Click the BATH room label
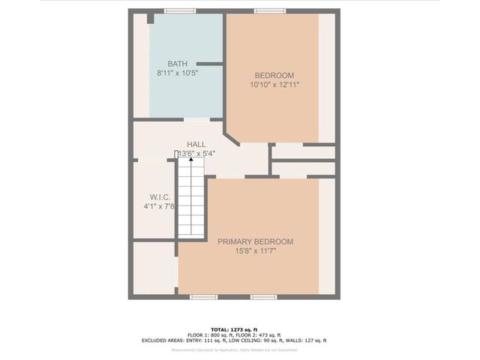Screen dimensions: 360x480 click(x=178, y=64)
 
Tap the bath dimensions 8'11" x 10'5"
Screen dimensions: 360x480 click(x=178, y=73)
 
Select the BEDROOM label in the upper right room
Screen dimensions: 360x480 click(x=274, y=75)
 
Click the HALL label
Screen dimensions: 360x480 click(x=196, y=144)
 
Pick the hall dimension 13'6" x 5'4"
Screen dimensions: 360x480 click(x=196, y=154)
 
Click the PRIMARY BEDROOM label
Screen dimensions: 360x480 click(x=255, y=241)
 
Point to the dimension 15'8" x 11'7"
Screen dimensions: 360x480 click(x=255, y=252)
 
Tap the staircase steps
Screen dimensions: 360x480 click(x=190, y=199)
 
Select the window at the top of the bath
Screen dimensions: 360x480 click(x=180, y=10)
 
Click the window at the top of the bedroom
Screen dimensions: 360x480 click(x=265, y=10)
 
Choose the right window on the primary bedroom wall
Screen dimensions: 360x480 click(x=262, y=297)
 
